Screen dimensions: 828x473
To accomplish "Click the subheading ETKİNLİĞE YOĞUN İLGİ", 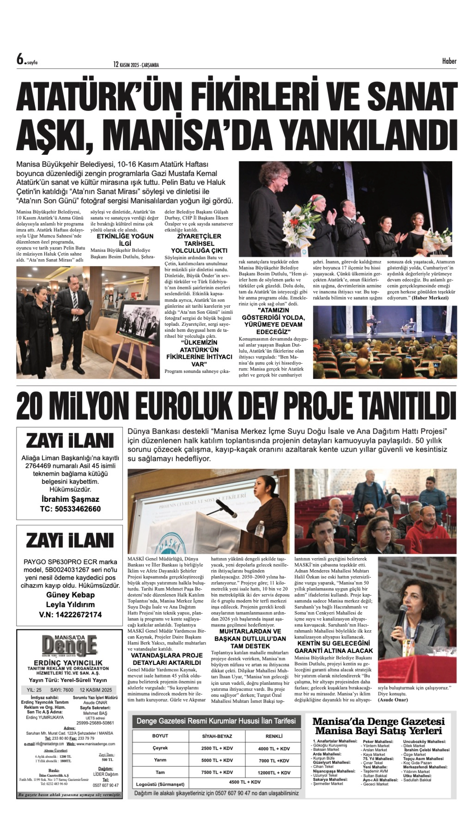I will (125, 240).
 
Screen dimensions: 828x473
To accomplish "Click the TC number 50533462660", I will (70, 509).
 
